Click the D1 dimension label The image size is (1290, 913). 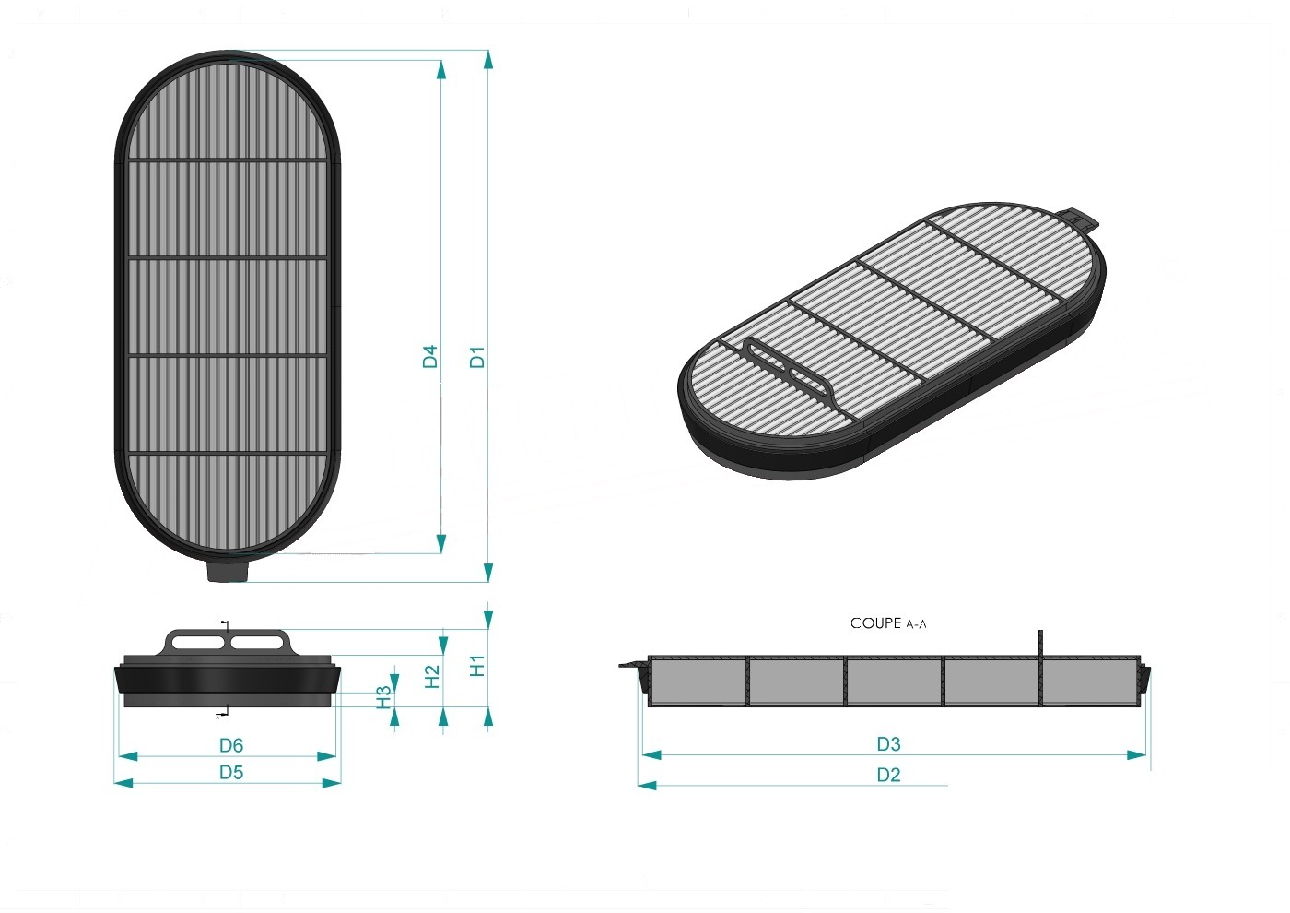click(477, 357)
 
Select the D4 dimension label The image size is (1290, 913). click(430, 357)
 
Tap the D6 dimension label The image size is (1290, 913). click(231, 746)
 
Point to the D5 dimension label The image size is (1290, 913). click(231, 773)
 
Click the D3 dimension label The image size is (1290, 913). click(888, 745)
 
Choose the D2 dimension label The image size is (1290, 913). click(888, 775)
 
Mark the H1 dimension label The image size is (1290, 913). click(477, 666)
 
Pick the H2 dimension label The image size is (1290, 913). click(432, 677)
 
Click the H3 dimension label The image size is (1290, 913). click(383, 697)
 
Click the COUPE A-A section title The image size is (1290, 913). click(888, 623)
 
